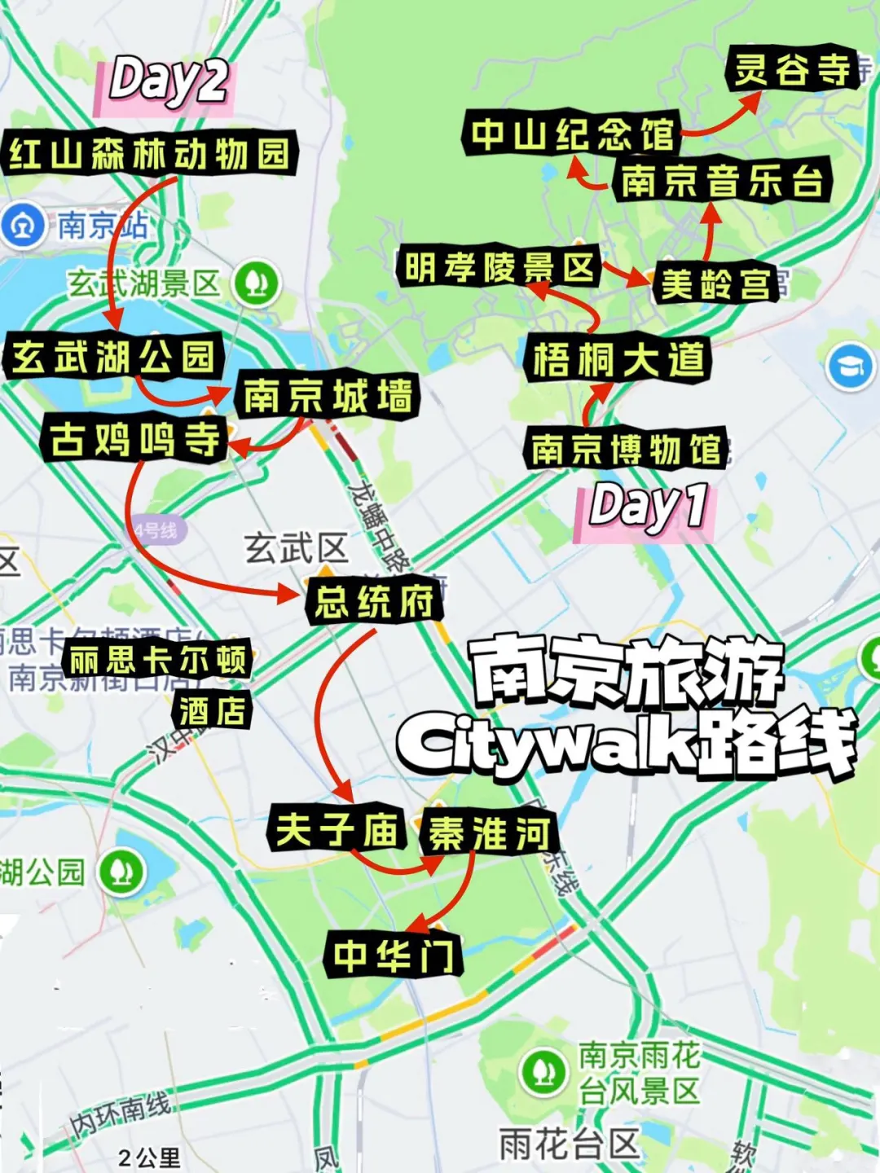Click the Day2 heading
pyautogui.click(x=169, y=81)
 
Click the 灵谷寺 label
pyautogui.click(x=791, y=68)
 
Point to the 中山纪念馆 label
pyautogui.click(x=572, y=134)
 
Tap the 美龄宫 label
pyautogui.click(x=715, y=284)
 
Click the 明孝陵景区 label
pyautogui.click(x=499, y=267)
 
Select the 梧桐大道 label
pyautogui.click(x=618, y=359)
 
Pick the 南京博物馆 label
pyautogui.click(x=626, y=449)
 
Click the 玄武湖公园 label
pyautogui.click(x=112, y=357)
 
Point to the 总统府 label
pyautogui.click(x=374, y=602)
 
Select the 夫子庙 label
pyautogui.click(x=337, y=828)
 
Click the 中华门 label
pyautogui.click(x=394, y=955)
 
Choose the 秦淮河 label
pyautogui.click(x=488, y=833)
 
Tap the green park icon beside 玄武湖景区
pyautogui.click(x=257, y=283)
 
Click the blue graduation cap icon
pyautogui.click(x=850, y=367)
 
